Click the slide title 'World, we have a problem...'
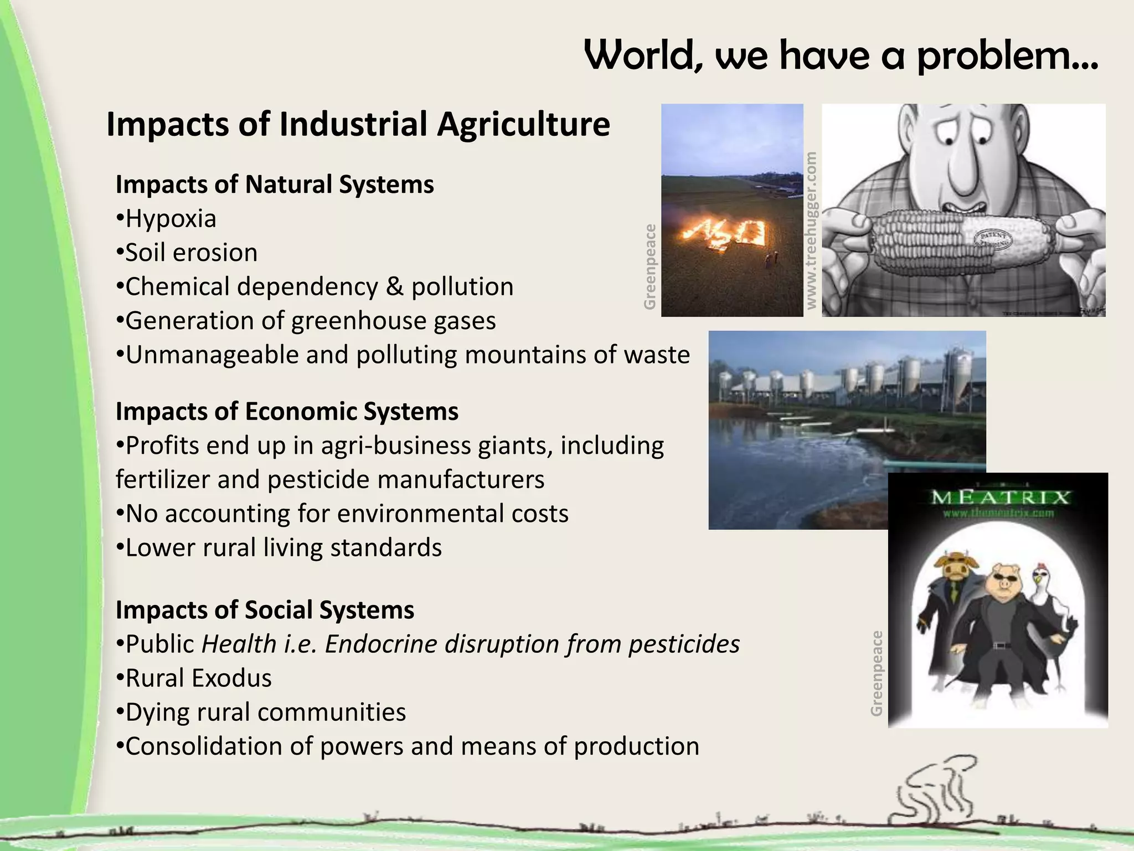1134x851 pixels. pos(841,57)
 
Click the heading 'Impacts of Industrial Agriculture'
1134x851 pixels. pos(358,124)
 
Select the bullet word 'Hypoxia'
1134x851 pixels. pos(171,219)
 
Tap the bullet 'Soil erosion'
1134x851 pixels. pos(191,253)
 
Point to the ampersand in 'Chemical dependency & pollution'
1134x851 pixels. pos(394,287)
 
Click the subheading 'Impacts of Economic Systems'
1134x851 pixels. pos(287,412)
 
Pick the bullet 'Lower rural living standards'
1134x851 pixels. pos(283,548)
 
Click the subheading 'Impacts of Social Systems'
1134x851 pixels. pos(265,610)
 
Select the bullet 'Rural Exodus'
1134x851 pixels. pos(198,678)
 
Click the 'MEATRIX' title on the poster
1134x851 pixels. pos(999,497)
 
